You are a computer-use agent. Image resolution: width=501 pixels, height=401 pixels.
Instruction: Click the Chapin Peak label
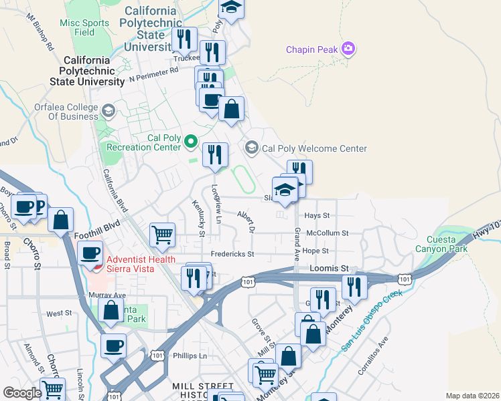pos(311,49)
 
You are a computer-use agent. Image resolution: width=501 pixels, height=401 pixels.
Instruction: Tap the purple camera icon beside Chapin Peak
pos(348,48)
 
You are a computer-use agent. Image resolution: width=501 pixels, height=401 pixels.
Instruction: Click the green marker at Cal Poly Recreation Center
pos(191,141)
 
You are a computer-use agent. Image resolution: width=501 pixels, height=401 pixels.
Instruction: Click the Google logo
pos(21,393)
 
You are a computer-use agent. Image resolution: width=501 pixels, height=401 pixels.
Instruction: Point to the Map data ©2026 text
pos(472,396)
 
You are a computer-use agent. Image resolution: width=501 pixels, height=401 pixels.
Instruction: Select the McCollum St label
pos(327,233)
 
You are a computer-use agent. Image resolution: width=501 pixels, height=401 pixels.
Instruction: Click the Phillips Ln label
pos(190,356)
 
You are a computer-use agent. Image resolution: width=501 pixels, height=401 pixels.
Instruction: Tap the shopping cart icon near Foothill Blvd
pos(162,235)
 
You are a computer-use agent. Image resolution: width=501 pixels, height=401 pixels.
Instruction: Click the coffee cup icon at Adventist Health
pos(90,253)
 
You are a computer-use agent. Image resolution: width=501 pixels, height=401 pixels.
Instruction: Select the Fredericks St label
pos(232,254)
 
